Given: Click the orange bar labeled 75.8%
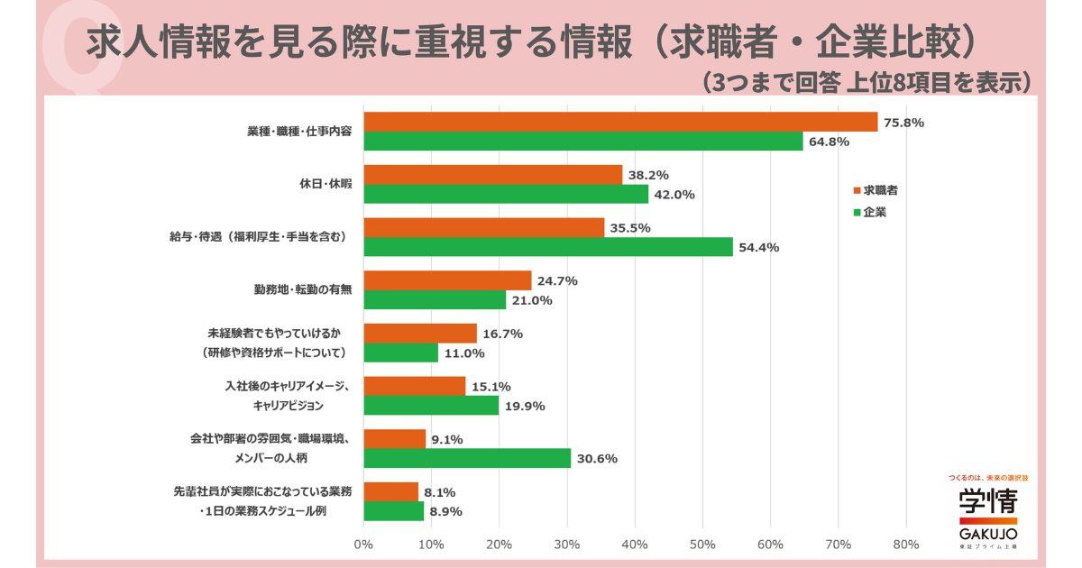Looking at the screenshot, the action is pyautogui.click(x=620, y=122).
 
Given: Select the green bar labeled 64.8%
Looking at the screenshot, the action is pyautogui.click(x=583, y=141).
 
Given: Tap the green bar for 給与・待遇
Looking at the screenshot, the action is pyautogui.click(x=548, y=247).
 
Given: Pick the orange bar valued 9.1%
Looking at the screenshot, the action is pyautogui.click(x=395, y=439).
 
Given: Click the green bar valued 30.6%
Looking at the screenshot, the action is pyautogui.click(x=467, y=458).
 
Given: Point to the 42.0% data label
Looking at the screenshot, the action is pyautogui.click(x=674, y=195).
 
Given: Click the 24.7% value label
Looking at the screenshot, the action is pyautogui.click(x=557, y=281).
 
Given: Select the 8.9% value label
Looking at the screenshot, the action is pyautogui.click(x=445, y=511).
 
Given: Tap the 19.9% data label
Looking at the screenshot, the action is pyautogui.click(x=525, y=407).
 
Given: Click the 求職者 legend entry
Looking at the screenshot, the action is pyautogui.click(x=876, y=190).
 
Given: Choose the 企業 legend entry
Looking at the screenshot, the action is pyautogui.click(x=870, y=212).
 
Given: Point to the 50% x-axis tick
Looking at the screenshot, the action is pyautogui.click(x=702, y=545).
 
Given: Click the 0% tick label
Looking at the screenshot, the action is pyautogui.click(x=363, y=545).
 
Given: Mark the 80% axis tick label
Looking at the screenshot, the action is pyautogui.click(x=906, y=545).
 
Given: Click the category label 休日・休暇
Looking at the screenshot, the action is pyautogui.click(x=326, y=184).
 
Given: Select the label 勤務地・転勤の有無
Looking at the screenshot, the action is pyautogui.click(x=303, y=289).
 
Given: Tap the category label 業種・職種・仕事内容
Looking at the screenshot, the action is pyautogui.click(x=299, y=132).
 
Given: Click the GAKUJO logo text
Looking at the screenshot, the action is pyautogui.click(x=988, y=534).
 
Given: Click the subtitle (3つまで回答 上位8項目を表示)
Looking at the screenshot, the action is pyautogui.click(x=867, y=83).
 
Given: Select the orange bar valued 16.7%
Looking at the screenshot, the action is pyautogui.click(x=420, y=334).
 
